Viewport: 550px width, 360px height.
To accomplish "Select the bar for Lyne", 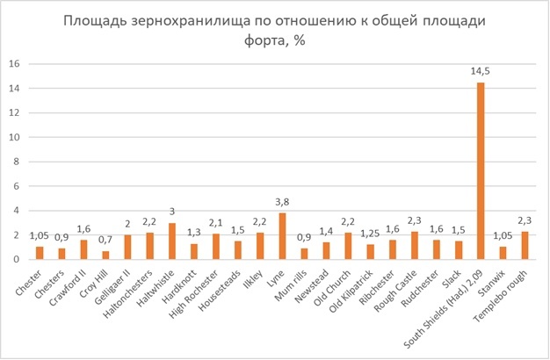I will [282, 236].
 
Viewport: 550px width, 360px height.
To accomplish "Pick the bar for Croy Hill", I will [106, 256].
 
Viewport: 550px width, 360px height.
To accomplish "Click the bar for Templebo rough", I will [525, 245].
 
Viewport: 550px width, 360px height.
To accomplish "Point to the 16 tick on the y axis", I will [14, 64].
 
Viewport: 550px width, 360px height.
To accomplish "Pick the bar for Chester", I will [40, 253].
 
